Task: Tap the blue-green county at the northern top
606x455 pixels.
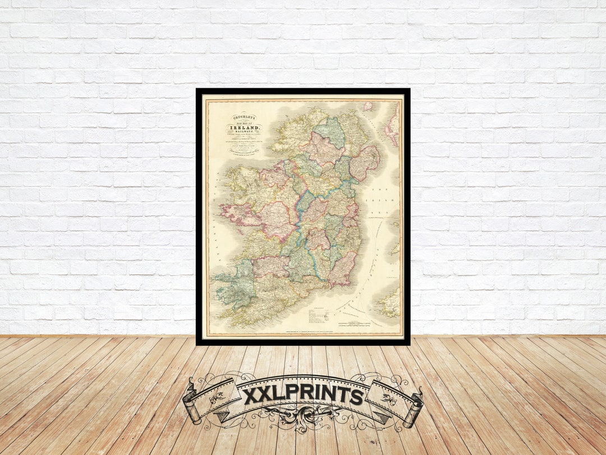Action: point(330,131)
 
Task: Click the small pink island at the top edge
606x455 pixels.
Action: point(368,106)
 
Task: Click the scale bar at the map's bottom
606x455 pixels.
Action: point(352,324)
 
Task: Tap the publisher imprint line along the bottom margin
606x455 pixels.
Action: point(302,335)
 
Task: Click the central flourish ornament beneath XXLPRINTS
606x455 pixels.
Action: point(303,418)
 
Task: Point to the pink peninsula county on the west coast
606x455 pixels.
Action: point(238,213)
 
